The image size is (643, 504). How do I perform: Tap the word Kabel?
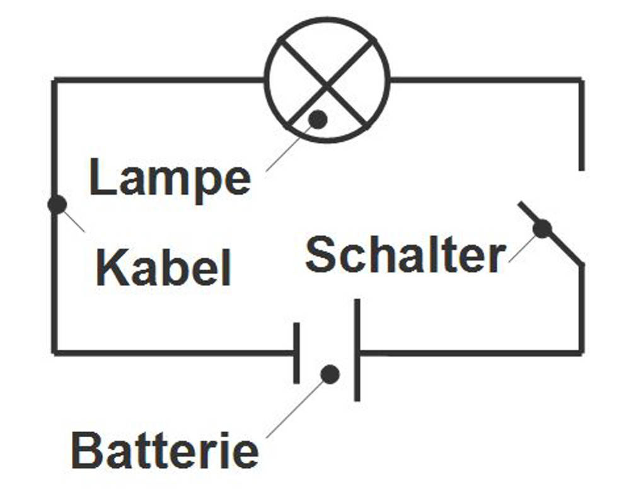tap(164, 268)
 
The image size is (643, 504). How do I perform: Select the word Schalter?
tap(405, 255)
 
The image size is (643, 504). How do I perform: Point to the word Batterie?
tap(165, 450)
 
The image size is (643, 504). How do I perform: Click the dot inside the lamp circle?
tap(318, 119)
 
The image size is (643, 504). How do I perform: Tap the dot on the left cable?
tap(57, 204)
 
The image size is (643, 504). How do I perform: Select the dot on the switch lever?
tap(542, 229)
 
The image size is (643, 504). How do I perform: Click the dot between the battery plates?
tap(330, 374)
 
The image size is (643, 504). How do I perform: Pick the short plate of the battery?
tap(296, 353)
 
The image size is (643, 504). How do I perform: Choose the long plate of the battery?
tap(357, 350)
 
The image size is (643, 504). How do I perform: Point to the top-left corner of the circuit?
tap(55, 80)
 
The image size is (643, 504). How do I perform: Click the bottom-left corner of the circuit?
tap(55, 352)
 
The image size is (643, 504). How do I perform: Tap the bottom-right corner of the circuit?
tap(581, 352)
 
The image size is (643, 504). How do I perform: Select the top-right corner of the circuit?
tap(581, 80)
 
